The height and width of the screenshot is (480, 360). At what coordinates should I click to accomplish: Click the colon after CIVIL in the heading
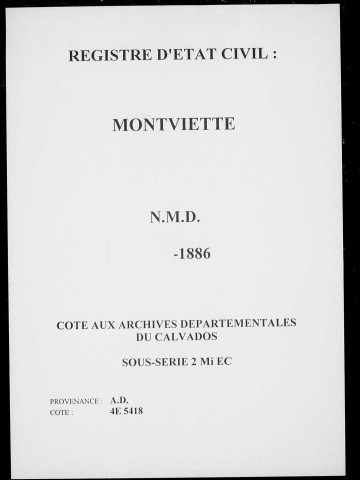(x=271, y=57)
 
